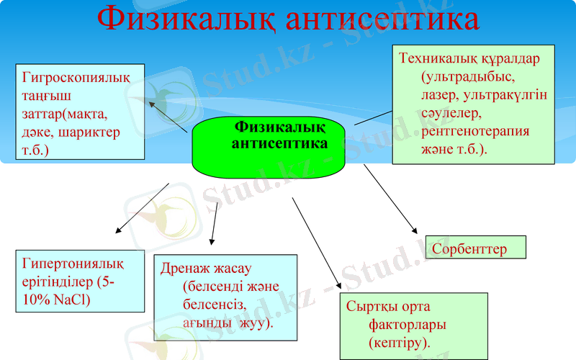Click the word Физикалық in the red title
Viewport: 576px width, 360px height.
(184, 19)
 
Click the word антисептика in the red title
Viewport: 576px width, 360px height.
(382, 19)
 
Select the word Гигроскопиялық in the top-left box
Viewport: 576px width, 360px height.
(76, 77)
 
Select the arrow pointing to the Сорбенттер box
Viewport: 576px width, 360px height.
(390, 198)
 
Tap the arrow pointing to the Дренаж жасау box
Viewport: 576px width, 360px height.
(214, 224)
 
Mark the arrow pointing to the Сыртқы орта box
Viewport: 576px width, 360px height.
(318, 242)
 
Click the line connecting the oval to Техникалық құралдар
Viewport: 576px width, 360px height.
(372, 117)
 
